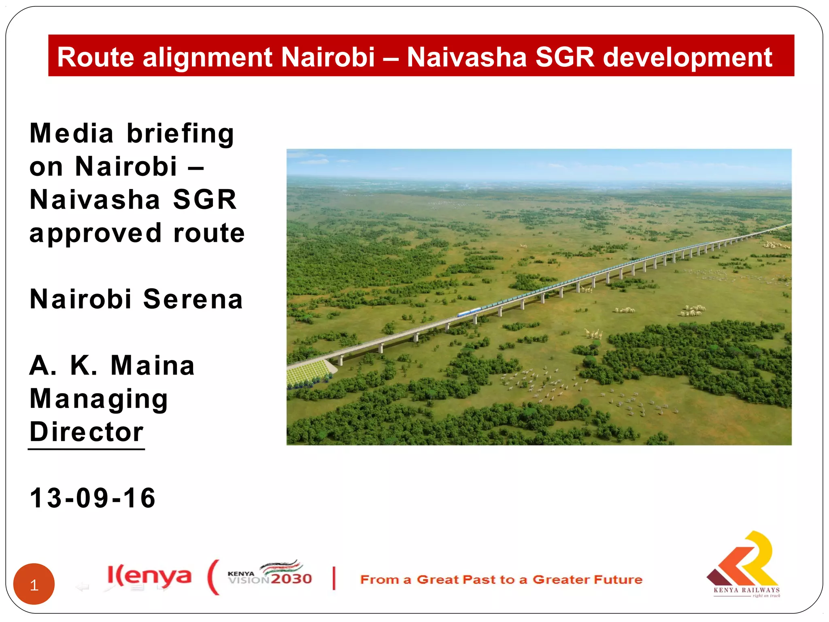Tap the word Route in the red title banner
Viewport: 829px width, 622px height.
(x=96, y=57)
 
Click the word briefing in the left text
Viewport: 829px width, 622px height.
(x=181, y=134)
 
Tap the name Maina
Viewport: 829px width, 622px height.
(x=153, y=365)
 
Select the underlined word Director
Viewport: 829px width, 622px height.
(x=87, y=432)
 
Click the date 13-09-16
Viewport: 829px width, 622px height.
(x=93, y=498)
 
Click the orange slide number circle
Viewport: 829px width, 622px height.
(x=34, y=584)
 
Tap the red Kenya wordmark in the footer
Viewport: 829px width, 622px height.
(x=149, y=576)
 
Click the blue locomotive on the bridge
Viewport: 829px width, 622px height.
(x=469, y=312)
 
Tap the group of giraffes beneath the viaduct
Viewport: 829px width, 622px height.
(x=593, y=334)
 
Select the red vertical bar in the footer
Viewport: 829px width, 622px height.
(x=334, y=578)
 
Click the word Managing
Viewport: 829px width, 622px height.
(x=99, y=399)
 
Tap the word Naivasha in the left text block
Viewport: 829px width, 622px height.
(x=95, y=200)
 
